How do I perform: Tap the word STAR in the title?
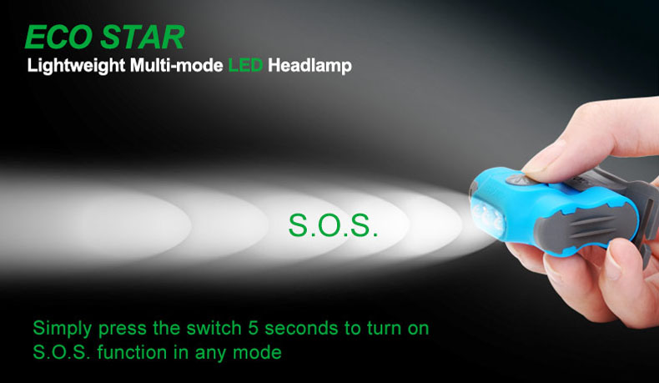click(x=143, y=37)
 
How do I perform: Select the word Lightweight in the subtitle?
click(x=76, y=66)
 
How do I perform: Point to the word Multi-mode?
click(x=177, y=65)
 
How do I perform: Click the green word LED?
click(x=245, y=65)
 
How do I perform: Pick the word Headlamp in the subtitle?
click(x=309, y=66)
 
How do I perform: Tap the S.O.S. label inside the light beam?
click(x=333, y=225)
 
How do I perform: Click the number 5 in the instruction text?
click(x=253, y=329)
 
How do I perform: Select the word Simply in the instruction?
click(x=63, y=330)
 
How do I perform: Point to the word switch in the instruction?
click(x=214, y=328)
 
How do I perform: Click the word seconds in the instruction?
click(x=301, y=329)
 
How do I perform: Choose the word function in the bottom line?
click(x=133, y=352)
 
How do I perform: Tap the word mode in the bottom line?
click(x=257, y=352)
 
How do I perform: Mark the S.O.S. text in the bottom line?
click(x=62, y=352)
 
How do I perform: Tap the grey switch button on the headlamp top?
click(x=518, y=180)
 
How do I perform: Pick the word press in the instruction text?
click(x=123, y=330)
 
